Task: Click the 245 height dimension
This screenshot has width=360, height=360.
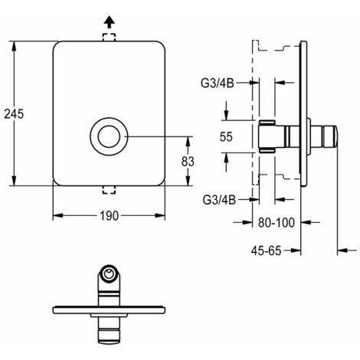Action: pos(14,114)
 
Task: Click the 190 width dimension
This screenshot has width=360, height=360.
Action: pos(109,216)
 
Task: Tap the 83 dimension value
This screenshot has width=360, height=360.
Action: pos(188,162)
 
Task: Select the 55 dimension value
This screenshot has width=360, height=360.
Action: pos(226,137)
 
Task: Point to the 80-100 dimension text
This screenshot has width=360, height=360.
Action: pos(277,223)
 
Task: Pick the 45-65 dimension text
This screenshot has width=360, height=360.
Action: pos(266,250)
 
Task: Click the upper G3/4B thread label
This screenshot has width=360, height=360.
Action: pos(218,83)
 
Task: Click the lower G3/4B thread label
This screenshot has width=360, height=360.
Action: pos(219,200)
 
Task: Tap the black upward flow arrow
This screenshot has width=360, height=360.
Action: pos(110,21)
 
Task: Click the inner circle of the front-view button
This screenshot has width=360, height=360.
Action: pos(109,136)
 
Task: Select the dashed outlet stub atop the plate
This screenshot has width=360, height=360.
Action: pos(109,37)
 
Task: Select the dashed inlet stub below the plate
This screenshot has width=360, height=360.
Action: pos(109,190)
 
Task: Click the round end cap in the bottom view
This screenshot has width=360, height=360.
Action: pos(109,274)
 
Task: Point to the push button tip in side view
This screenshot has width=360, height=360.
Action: pos(330,136)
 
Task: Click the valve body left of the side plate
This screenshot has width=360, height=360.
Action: pos(267,136)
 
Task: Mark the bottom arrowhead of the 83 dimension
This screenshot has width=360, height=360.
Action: pos(188,181)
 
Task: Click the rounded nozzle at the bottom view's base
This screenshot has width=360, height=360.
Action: pos(109,336)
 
